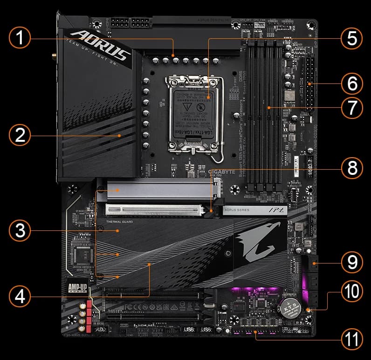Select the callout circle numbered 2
pos(19,136)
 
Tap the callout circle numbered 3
pos(19,230)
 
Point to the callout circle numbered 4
pos(19,296)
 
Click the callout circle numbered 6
pos(351,84)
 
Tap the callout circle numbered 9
pos(351,263)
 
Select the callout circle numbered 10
pos(351,292)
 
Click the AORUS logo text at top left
pos(102,46)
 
